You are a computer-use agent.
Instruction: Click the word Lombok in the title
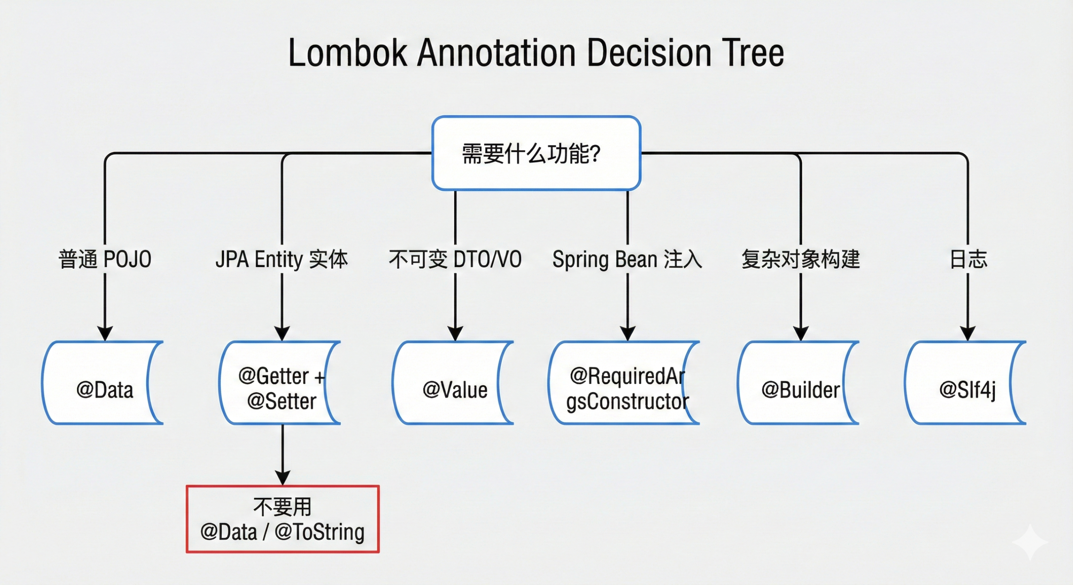348,53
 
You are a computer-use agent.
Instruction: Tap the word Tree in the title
753,53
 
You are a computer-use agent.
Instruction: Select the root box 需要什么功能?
536,153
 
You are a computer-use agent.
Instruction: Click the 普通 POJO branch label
105,260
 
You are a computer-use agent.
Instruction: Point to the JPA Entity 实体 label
282,260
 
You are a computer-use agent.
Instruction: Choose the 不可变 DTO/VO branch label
455,260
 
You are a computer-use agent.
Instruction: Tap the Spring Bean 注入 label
627,260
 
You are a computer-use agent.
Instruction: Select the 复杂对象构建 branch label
800,260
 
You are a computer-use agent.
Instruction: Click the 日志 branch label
968,260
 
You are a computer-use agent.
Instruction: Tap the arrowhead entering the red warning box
283,478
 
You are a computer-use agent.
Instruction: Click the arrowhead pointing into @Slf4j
968,333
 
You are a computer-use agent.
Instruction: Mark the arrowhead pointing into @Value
455,333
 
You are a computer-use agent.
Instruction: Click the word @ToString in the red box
320,532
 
